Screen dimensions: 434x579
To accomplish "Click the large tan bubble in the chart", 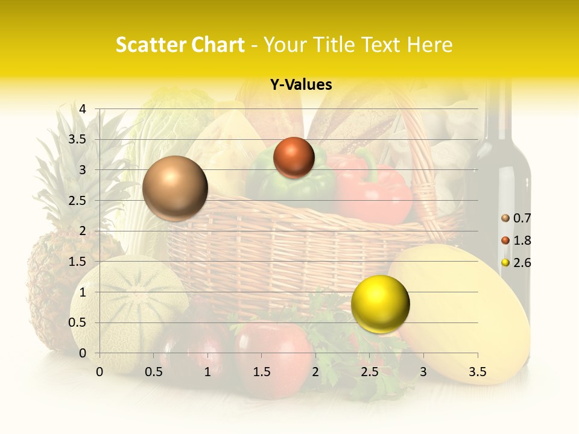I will click(175, 188).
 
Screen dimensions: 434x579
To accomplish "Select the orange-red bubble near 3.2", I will click(294, 158).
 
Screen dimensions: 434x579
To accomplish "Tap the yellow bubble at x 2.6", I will click(380, 304).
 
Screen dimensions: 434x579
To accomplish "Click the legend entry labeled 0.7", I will click(516, 218).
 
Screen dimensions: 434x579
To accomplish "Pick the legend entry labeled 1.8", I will click(516, 241).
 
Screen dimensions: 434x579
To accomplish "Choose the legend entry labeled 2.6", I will click(516, 263).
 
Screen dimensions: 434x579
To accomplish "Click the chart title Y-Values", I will click(301, 85).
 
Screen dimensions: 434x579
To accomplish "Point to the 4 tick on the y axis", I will click(83, 109).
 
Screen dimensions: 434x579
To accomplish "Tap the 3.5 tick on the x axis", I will click(477, 372).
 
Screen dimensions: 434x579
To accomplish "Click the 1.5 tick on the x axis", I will click(261, 372).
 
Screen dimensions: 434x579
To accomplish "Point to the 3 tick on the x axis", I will click(423, 372).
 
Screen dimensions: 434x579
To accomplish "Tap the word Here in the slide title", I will click(429, 45).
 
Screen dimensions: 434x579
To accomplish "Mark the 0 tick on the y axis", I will click(83, 353).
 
